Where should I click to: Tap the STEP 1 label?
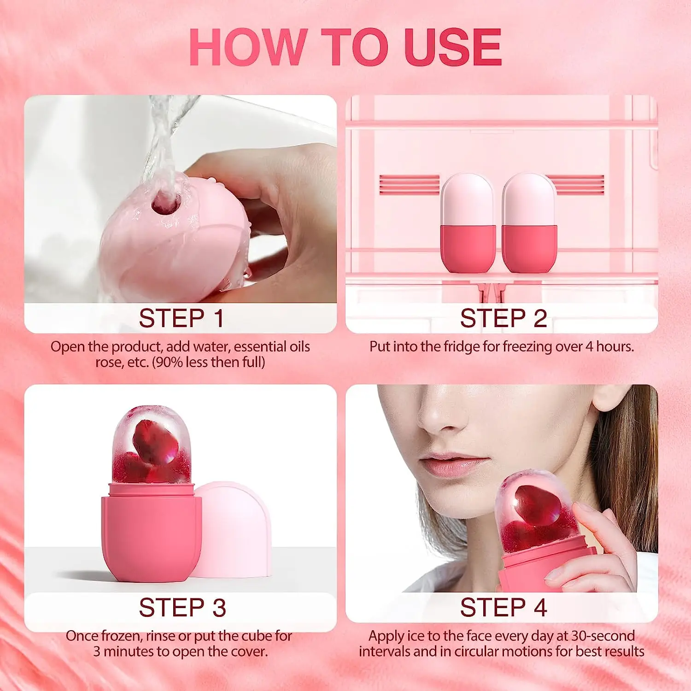coord(181,318)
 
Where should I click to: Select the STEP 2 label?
coord(503,318)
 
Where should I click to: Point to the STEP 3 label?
coord(182,607)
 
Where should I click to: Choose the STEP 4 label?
coord(503,607)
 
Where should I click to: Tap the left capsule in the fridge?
coord(468,223)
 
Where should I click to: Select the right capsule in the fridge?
coord(529,223)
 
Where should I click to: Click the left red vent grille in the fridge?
coord(409,185)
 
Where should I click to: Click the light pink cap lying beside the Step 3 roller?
coord(235,530)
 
